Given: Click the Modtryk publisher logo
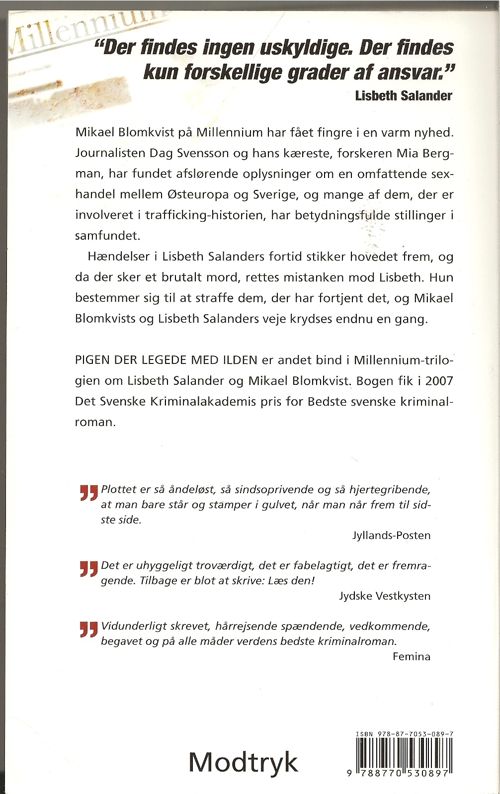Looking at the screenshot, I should (x=243, y=761).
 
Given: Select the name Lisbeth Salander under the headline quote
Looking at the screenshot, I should (x=403, y=95).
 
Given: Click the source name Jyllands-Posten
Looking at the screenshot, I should (x=391, y=535).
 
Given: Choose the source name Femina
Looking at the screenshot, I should (x=411, y=656).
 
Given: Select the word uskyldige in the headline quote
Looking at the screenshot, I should (x=301, y=48).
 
